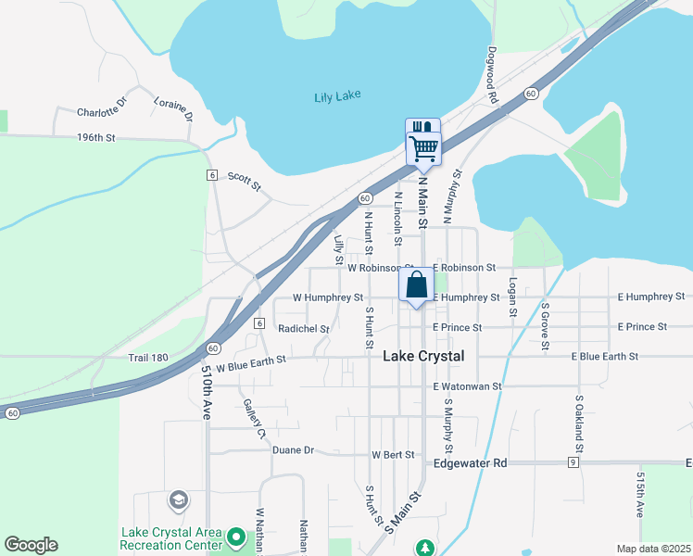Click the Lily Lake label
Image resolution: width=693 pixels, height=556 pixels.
pos(337,96)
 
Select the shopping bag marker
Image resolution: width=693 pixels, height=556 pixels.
pos(416,285)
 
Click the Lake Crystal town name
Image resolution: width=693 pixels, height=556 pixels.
pos(423,357)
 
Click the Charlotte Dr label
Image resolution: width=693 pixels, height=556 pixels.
pos(101,112)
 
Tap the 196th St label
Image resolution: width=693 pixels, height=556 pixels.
pos(95,138)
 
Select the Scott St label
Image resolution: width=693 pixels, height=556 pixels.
pos(246,178)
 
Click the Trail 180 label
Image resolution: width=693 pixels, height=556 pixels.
pos(147,357)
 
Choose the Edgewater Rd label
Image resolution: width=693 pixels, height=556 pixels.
pos(470,462)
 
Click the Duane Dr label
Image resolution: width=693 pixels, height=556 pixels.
pos(294,450)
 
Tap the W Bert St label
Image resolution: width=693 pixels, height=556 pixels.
pos(393,455)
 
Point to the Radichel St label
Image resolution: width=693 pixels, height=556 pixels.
pos(304,329)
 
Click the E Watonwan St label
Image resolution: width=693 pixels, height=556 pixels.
pos(467,386)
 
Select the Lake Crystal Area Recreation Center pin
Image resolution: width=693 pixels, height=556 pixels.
pos(236,537)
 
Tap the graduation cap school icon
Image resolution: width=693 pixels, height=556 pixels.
pos(178,501)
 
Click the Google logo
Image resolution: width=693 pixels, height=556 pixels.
pos(31,545)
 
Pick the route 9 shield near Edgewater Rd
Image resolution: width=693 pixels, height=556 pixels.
pos(574,462)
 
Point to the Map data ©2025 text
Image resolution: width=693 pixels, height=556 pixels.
pos(652,549)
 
